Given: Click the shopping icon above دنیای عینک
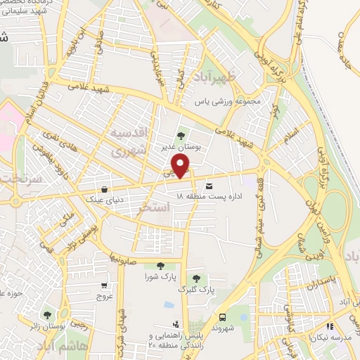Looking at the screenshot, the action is click(x=105, y=189).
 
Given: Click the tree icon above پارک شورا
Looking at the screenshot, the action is click(x=161, y=266).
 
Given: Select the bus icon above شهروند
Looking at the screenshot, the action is click(x=223, y=317).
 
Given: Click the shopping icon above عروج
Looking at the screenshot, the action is click(x=105, y=285).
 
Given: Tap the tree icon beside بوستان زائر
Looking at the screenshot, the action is click(x=47, y=316).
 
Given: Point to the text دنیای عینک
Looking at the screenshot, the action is click(x=105, y=200).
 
